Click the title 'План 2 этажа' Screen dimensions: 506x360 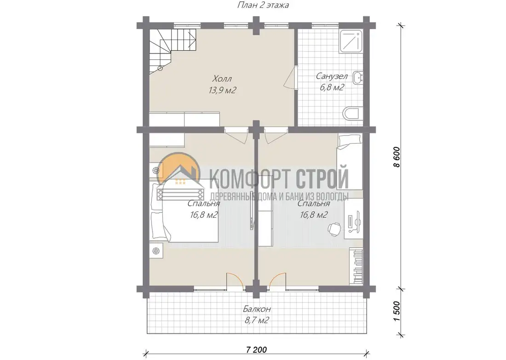click(263, 5)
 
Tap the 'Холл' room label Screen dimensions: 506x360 click(222, 79)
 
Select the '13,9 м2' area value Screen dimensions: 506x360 click(222, 90)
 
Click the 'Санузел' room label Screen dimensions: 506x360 click(332, 76)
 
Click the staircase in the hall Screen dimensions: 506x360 click(172, 50)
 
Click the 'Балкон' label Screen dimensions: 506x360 click(257, 309)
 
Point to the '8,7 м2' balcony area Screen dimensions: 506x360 click(257, 320)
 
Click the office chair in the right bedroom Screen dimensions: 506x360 click(334, 228)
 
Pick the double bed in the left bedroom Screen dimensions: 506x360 click(184, 212)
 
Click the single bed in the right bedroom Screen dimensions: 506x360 click(350, 162)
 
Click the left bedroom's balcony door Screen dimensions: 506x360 click(236, 279)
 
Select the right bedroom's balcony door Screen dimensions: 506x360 click(277, 279)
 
